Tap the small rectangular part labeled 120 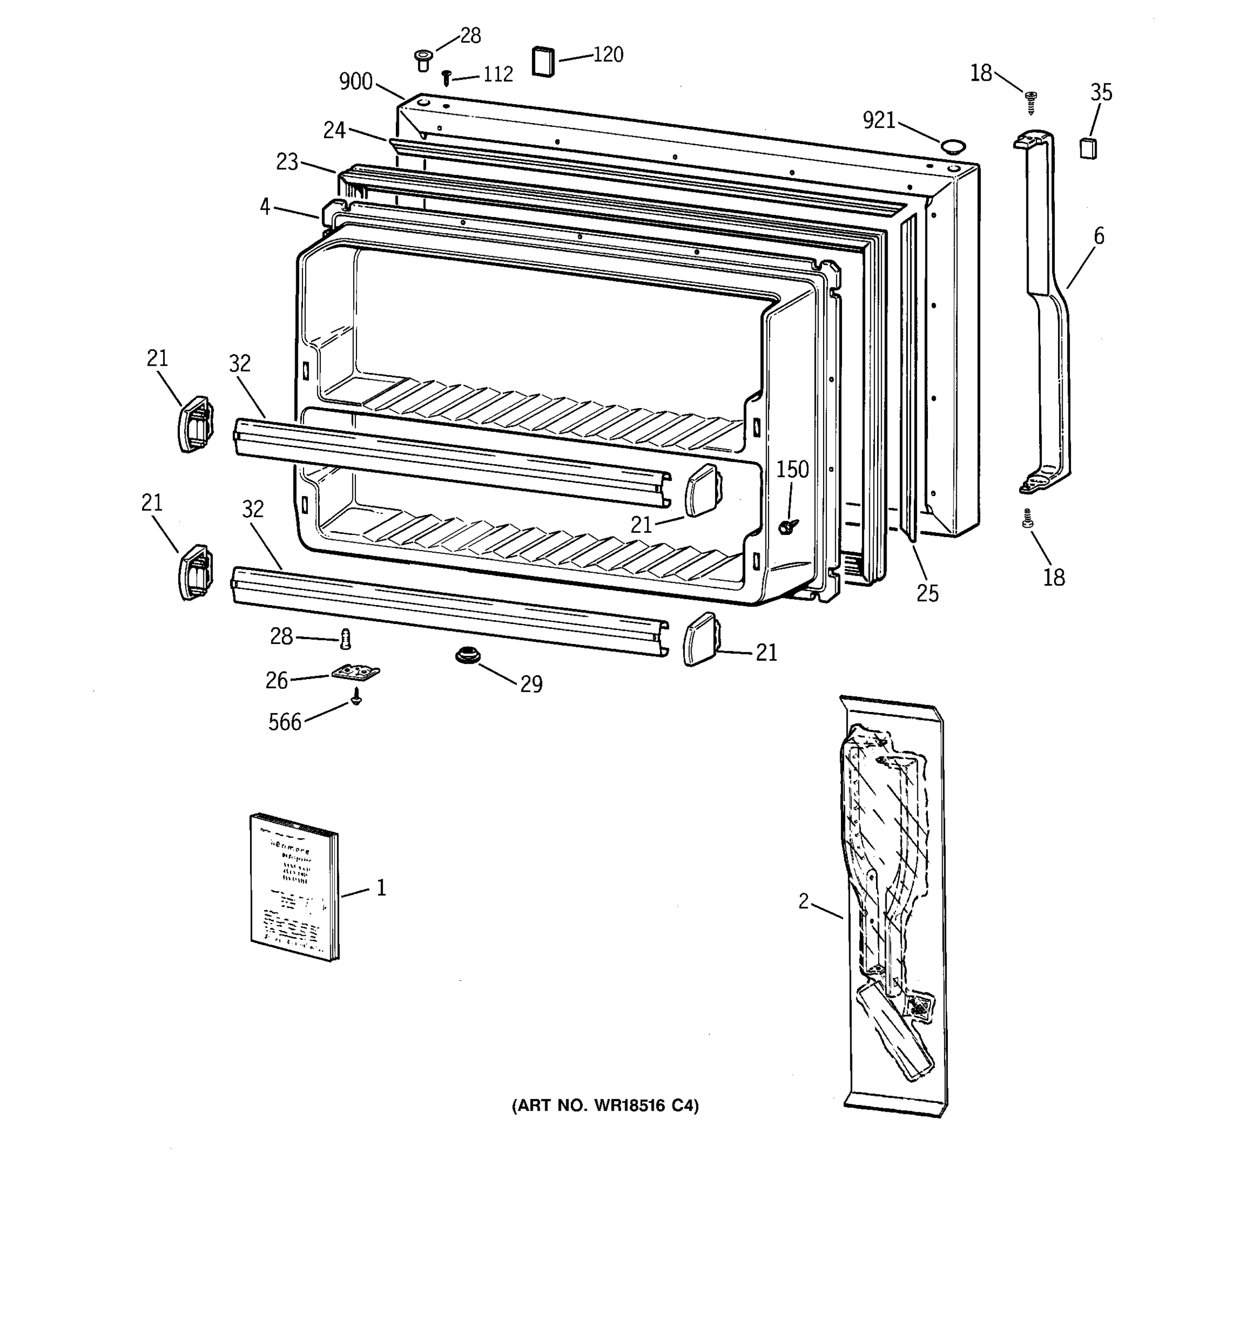[x=543, y=61]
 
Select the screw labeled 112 [x=446, y=77]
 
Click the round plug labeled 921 [x=952, y=146]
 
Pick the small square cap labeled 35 [x=1088, y=148]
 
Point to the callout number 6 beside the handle [x=1098, y=236]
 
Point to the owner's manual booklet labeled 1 [x=295, y=886]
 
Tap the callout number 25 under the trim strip [x=927, y=593]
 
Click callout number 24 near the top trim [x=334, y=130]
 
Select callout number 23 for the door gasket [x=287, y=162]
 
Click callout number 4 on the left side [x=266, y=207]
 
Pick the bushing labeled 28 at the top [x=423, y=60]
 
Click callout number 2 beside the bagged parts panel [x=803, y=901]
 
